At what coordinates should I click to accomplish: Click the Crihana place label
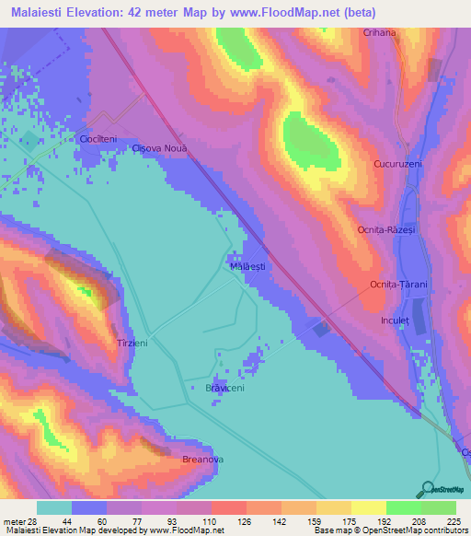(x=379, y=32)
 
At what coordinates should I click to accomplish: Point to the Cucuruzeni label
(x=397, y=163)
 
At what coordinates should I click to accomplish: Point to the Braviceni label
(x=224, y=389)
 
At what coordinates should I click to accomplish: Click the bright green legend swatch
(x=404, y=507)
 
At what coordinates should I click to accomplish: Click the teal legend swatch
(x=54, y=507)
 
